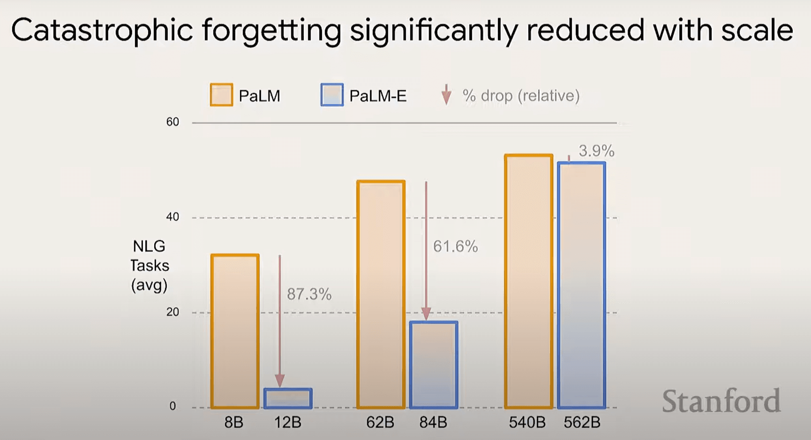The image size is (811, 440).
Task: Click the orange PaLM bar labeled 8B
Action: coord(235,331)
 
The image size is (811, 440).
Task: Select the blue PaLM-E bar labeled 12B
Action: coord(288,398)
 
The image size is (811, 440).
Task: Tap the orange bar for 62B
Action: coord(381,294)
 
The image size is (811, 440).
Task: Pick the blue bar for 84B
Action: coord(433,365)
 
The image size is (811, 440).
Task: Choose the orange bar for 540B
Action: coord(529,281)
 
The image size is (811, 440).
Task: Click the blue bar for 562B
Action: coord(581,285)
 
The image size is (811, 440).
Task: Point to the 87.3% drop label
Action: coord(309,294)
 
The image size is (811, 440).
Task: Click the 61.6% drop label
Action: coord(455,246)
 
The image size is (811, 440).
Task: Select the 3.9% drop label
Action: coord(596,151)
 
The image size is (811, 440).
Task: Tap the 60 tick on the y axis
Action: coord(173,122)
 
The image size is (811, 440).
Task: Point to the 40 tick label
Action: coord(173,217)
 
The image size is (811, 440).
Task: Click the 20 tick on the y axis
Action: coord(173,312)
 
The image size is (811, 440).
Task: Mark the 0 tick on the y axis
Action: coord(173,406)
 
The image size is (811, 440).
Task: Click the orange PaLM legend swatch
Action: coord(221,95)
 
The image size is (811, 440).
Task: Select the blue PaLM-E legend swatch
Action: coord(332,95)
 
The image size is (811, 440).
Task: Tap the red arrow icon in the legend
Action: coord(446,95)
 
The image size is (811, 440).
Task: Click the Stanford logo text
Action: coord(721,401)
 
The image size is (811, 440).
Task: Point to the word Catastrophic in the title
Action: coord(102,31)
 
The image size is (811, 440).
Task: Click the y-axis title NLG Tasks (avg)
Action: coord(149,265)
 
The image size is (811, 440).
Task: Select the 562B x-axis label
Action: coord(582,423)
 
